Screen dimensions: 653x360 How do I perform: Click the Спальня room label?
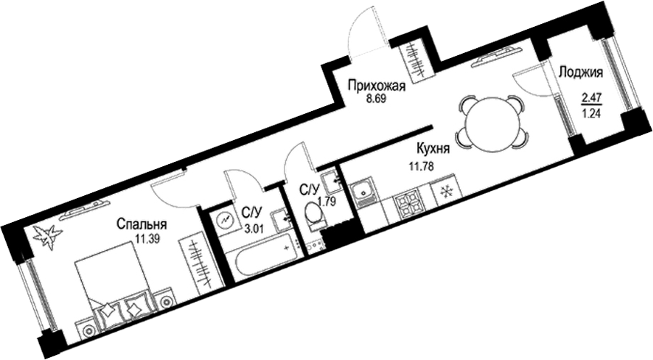(x=141, y=224)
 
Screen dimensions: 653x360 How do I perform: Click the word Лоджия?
(x=581, y=73)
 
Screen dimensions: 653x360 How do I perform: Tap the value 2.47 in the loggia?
(x=591, y=99)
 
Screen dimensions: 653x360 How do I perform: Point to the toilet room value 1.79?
(x=326, y=204)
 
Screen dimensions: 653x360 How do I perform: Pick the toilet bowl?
(x=314, y=215)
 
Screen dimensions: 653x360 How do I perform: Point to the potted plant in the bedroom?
(x=49, y=237)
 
